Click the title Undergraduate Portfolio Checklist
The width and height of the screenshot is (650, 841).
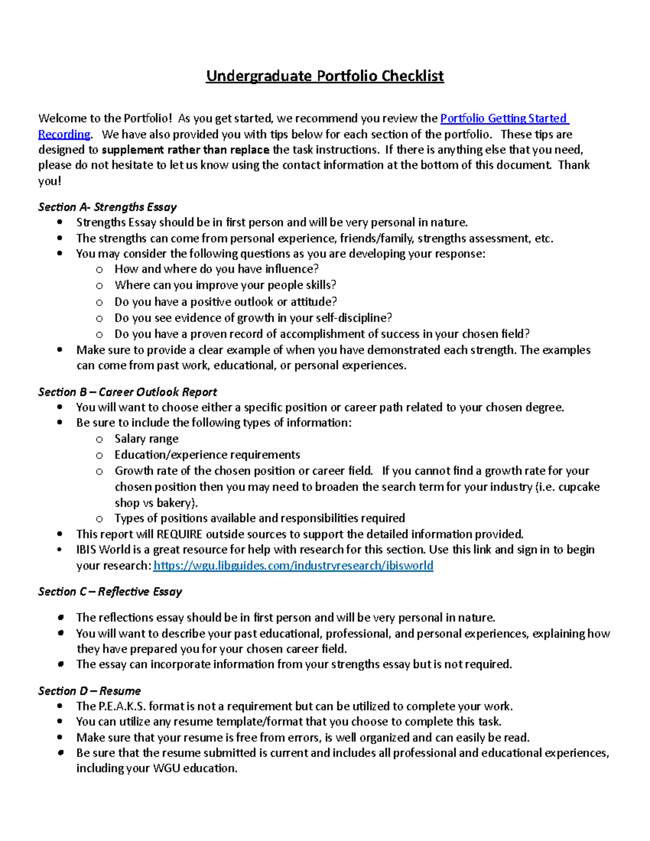pyautogui.click(x=324, y=76)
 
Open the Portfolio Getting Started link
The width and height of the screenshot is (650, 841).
pyautogui.click(x=504, y=119)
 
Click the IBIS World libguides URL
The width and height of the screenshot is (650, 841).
pyautogui.click(x=293, y=566)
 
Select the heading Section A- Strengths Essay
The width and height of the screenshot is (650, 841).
pyautogui.click(x=107, y=207)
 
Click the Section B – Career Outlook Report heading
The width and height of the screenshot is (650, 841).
pyautogui.click(x=127, y=392)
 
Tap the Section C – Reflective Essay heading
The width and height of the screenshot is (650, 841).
pyautogui.click(x=110, y=591)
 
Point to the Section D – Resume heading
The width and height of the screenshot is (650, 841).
pyautogui.click(x=89, y=691)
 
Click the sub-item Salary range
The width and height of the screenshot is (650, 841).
pyautogui.click(x=146, y=439)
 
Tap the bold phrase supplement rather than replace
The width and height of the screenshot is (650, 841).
pyautogui.click(x=185, y=150)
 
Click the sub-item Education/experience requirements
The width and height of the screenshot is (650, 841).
pyautogui.click(x=207, y=455)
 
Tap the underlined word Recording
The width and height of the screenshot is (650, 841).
pyautogui.click(x=64, y=134)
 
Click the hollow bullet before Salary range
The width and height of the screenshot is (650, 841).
pyautogui.click(x=99, y=440)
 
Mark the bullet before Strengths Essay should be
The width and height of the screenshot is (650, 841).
pyautogui.click(x=60, y=223)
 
